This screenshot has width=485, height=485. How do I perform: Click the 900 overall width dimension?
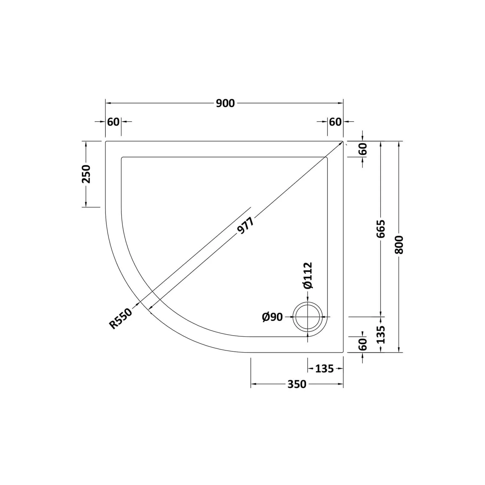(x=225, y=103)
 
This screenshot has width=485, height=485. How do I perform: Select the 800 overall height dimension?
(x=400, y=244)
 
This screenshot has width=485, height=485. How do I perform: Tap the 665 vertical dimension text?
(x=381, y=229)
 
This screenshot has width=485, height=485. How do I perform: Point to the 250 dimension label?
(x=86, y=174)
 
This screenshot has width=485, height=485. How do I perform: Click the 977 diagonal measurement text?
(x=246, y=225)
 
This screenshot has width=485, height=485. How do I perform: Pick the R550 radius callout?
(x=121, y=319)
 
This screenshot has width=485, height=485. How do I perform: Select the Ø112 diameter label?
(x=307, y=275)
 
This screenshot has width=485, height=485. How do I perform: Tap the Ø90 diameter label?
(x=272, y=317)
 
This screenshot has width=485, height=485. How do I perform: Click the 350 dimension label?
(x=296, y=384)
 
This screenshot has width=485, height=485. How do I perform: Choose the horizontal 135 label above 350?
(x=324, y=369)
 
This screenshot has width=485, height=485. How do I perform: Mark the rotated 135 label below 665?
(x=381, y=335)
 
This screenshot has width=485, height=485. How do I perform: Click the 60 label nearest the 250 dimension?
(x=113, y=122)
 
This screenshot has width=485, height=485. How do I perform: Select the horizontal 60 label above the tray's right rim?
(x=335, y=122)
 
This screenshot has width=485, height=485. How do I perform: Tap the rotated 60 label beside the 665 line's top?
(x=363, y=149)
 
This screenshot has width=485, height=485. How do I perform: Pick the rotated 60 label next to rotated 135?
(x=363, y=344)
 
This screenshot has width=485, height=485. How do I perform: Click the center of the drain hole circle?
(x=307, y=317)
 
